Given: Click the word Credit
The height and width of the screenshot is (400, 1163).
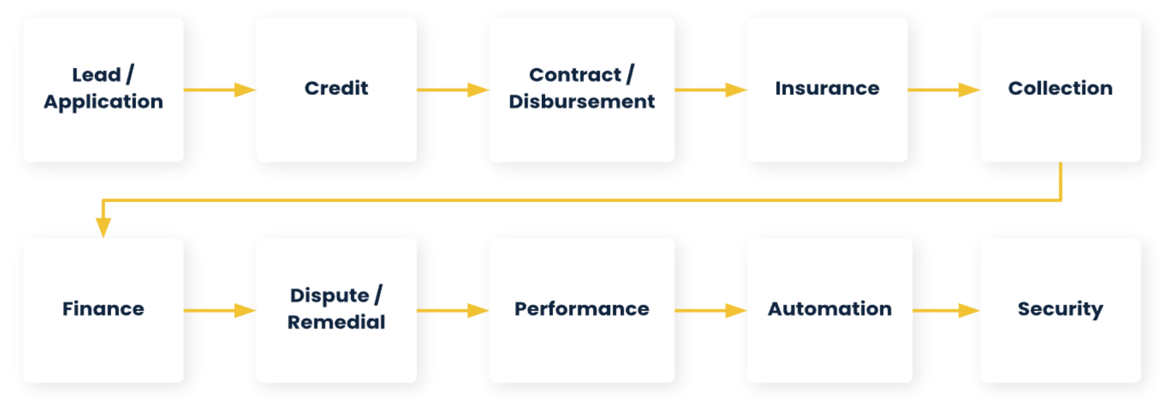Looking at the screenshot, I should click(x=336, y=88).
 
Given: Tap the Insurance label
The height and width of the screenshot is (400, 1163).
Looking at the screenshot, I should click(x=826, y=88).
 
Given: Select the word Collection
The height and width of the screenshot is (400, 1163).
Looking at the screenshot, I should click(x=1060, y=88).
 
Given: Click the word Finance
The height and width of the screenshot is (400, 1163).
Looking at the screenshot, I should click(x=103, y=308).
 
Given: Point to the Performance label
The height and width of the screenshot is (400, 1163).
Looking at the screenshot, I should click(x=581, y=308).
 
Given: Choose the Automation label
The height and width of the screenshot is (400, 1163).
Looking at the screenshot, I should click(x=829, y=308).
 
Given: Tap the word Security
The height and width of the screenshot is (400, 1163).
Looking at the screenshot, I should click(x=1060, y=309).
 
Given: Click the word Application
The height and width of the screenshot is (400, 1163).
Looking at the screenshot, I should click(x=103, y=102).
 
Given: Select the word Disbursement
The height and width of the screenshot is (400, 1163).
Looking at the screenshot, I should click(x=581, y=101).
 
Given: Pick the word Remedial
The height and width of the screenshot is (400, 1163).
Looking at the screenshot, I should click(x=336, y=322).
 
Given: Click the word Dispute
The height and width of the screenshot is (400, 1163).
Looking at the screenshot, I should click(x=329, y=295).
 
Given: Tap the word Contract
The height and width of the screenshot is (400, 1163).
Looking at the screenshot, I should click(x=575, y=75).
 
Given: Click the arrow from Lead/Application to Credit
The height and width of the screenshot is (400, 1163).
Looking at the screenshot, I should click(x=220, y=90).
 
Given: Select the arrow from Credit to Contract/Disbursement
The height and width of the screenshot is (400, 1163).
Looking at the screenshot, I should click(x=453, y=90).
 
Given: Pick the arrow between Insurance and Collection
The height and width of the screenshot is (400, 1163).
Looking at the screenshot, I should click(x=943, y=90).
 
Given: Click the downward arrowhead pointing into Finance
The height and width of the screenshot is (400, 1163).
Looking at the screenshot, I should click(x=103, y=227).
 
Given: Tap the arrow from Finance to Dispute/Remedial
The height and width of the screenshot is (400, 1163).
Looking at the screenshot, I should click(x=220, y=310).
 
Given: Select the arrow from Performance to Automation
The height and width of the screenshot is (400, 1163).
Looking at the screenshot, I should click(x=711, y=310).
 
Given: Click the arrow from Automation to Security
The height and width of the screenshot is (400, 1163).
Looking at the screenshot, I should click(x=946, y=310).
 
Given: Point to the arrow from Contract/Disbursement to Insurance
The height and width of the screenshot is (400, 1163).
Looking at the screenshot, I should click(x=711, y=90).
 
